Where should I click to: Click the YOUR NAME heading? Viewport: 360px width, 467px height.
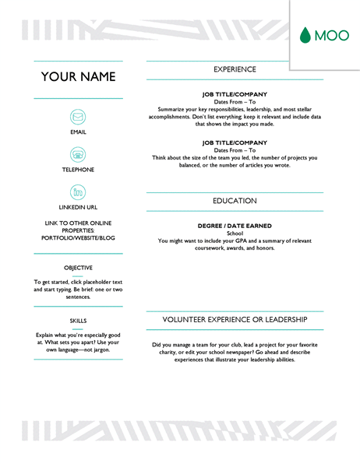pos(78,77)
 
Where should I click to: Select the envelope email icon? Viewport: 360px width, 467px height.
pos(78,117)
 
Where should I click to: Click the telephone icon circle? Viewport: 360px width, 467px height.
pos(78,155)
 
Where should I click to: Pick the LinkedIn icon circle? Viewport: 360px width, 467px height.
pos(78,192)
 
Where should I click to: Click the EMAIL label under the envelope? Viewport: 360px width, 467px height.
pos(78,132)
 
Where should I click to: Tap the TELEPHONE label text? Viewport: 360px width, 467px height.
pos(78,170)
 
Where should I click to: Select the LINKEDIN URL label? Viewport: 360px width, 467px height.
pos(78,207)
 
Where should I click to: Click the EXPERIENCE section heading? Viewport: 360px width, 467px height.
pos(235,69)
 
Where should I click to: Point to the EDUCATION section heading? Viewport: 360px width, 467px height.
pos(235,200)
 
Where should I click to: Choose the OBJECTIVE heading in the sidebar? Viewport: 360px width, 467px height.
pos(78,268)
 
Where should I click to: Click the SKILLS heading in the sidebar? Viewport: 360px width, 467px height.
pos(78,319)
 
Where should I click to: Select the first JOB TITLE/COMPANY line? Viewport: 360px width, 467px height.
pos(235,97)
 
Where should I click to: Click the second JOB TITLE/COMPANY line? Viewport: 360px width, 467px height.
pos(235,142)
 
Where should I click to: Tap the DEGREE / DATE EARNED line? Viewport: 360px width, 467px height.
pos(235,226)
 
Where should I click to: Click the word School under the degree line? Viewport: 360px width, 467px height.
pos(235,234)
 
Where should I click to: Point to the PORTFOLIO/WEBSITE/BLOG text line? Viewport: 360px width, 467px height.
pos(78,238)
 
